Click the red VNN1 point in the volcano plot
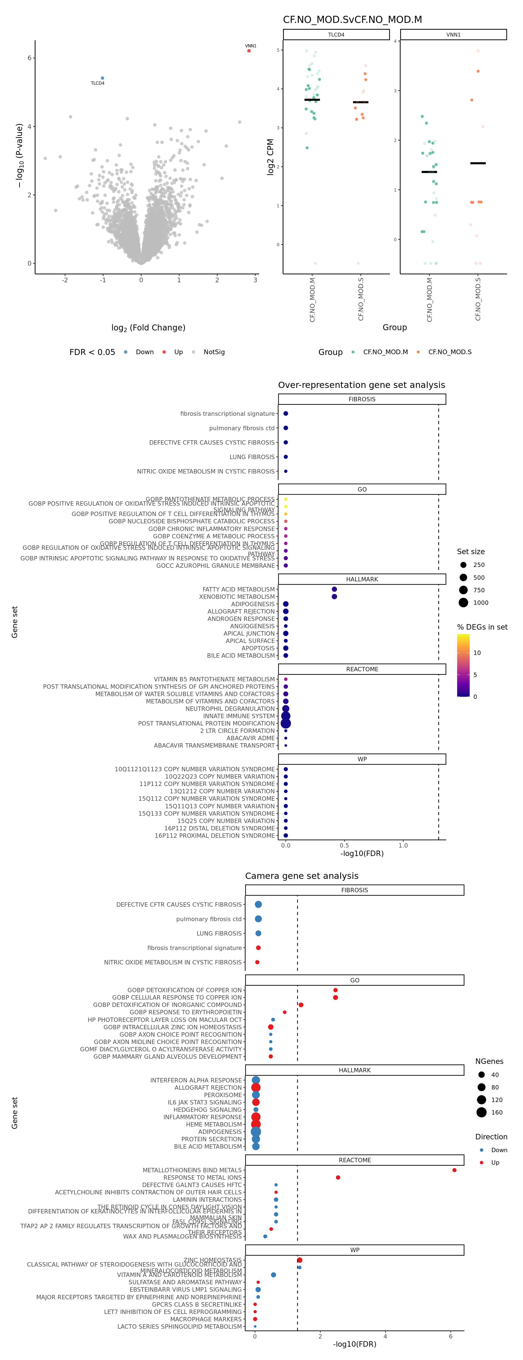[249, 51]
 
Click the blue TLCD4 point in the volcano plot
[102, 78]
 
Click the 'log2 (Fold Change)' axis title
[148, 328]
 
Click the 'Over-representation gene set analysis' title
[361, 385]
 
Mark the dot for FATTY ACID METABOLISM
[334, 589]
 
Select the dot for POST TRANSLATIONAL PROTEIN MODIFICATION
[285, 723]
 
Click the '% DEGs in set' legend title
[482, 627]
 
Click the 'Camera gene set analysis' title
[301, 876]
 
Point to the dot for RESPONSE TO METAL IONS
[338, 1177]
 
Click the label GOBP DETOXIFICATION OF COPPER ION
[184, 990]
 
